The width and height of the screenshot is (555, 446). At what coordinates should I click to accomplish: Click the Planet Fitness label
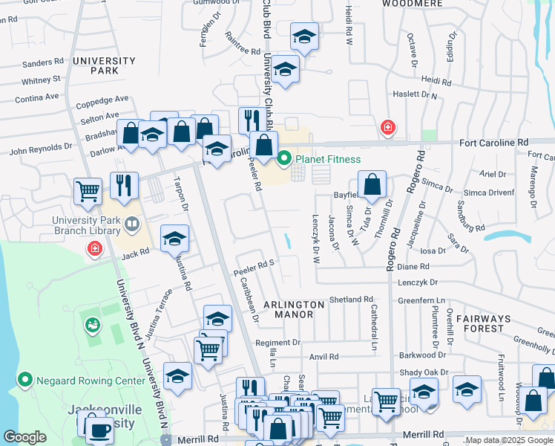328,159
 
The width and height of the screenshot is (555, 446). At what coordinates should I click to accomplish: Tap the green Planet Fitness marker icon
284,158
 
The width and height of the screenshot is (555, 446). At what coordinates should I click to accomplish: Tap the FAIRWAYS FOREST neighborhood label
482,323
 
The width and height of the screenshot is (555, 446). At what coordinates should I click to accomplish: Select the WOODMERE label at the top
412,4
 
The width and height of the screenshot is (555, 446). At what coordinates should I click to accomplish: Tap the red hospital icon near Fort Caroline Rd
387,129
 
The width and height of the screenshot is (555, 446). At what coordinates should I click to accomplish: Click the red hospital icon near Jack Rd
95,249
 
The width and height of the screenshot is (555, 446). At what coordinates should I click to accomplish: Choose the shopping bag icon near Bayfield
372,184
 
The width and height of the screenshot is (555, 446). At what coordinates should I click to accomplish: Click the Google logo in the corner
24,437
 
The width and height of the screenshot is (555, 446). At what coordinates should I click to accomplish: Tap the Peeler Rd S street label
254,263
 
